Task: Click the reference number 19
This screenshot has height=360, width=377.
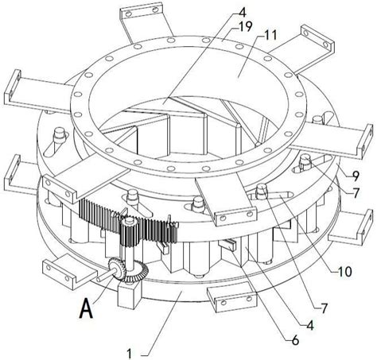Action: [x=245, y=27]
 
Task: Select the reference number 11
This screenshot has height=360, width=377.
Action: [x=270, y=35]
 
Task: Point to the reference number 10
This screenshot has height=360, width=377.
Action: [x=345, y=272]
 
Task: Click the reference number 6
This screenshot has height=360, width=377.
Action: [x=295, y=340]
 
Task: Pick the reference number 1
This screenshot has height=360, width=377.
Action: [x=130, y=354]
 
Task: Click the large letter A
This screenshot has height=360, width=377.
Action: [x=86, y=308]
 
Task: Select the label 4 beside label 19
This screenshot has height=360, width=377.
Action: [x=243, y=12]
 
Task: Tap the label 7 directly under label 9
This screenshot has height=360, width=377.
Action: [x=356, y=193]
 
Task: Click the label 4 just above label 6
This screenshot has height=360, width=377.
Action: [x=310, y=325]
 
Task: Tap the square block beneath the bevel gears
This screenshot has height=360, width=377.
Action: [x=128, y=294]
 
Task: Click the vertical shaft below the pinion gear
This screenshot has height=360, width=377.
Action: [x=130, y=257]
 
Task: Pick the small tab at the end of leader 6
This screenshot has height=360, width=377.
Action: [x=227, y=244]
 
